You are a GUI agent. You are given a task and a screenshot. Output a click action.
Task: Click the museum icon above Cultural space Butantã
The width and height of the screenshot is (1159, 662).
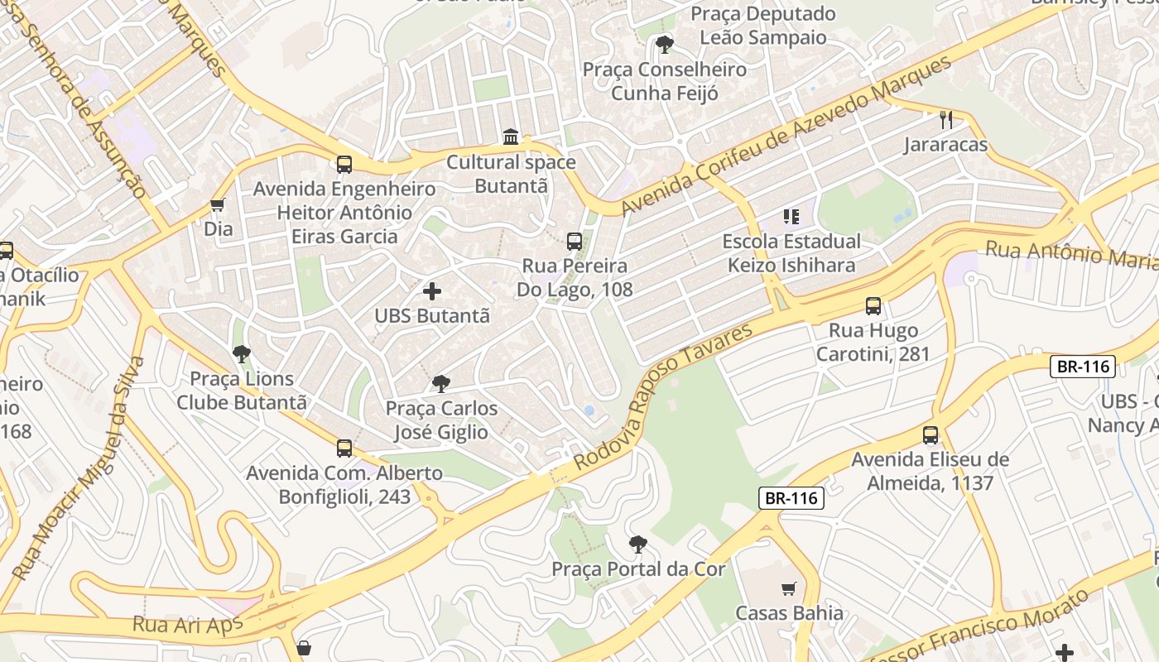511,137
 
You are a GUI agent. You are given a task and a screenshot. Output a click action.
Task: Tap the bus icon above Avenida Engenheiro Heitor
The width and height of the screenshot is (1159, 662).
344,165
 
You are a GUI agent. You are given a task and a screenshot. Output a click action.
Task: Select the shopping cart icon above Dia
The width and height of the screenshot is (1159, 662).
218,204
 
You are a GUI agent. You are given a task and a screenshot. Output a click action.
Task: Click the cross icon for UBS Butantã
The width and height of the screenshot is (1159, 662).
432,291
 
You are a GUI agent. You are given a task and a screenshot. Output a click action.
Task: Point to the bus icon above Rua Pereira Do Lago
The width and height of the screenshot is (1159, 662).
574,242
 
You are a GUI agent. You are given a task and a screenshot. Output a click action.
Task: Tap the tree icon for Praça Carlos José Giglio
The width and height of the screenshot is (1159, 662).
441,384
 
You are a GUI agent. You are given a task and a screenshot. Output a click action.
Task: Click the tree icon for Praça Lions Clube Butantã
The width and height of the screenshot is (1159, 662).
241,354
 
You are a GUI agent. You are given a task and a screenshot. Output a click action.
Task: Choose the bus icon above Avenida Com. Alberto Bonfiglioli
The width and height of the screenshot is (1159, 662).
344,449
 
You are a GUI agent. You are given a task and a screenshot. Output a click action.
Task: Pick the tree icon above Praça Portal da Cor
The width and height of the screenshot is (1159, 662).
637,544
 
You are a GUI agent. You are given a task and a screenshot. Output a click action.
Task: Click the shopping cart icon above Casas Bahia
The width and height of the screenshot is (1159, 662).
789,589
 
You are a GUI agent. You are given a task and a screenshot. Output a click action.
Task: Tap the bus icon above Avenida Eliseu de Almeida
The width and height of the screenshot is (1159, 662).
931,435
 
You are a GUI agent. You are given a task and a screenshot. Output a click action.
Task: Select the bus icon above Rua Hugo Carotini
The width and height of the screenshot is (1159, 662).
873,306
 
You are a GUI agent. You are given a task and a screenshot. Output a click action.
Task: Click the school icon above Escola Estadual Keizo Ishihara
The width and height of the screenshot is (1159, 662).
791,217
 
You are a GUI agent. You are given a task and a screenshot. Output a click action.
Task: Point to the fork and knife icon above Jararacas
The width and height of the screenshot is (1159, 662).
946,120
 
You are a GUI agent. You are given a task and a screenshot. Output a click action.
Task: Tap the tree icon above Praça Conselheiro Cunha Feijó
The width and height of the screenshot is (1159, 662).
664,45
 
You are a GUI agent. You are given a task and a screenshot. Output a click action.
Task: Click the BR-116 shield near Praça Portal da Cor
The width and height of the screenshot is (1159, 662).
791,497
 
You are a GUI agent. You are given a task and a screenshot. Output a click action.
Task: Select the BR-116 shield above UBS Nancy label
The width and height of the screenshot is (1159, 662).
1083,366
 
